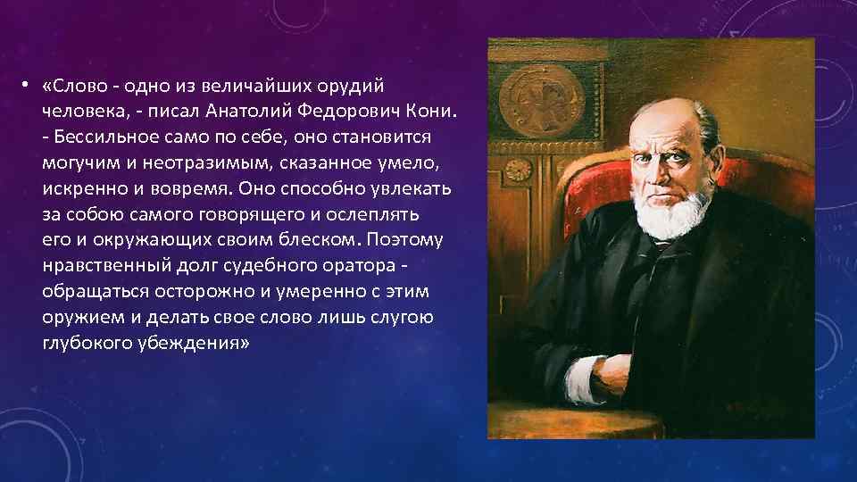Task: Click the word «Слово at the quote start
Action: click(x=75, y=87)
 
